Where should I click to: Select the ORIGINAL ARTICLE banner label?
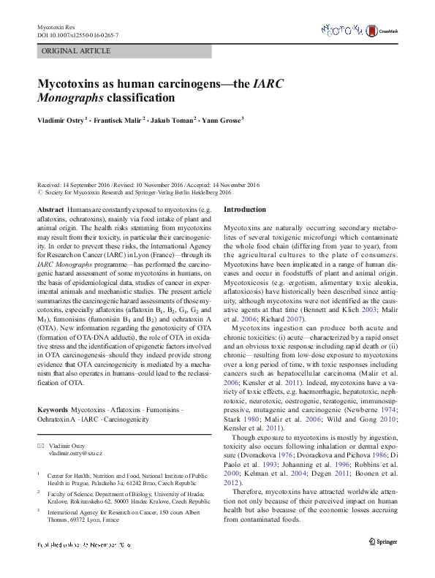(76, 51)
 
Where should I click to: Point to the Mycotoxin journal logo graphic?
(343, 29)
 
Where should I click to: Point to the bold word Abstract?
(50, 209)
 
